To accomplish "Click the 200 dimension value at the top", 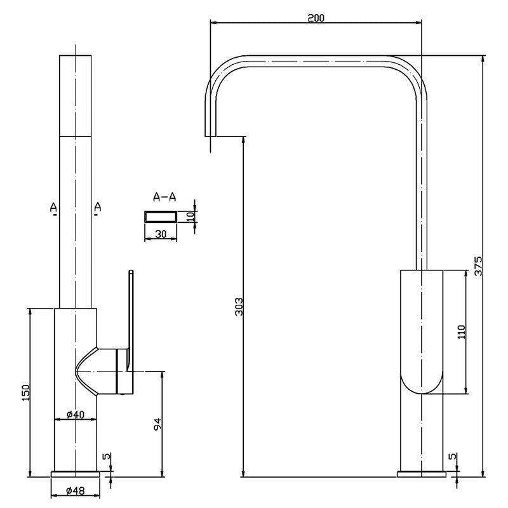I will (316, 17).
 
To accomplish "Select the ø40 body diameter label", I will (76, 415).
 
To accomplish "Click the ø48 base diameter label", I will (76, 490).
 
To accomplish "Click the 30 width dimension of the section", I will (161, 234).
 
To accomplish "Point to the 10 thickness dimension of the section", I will (189, 216).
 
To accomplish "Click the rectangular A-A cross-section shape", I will (161, 217).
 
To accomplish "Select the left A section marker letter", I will (55, 207).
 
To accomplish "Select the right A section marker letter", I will (97, 207).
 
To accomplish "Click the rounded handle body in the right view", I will (422, 333).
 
